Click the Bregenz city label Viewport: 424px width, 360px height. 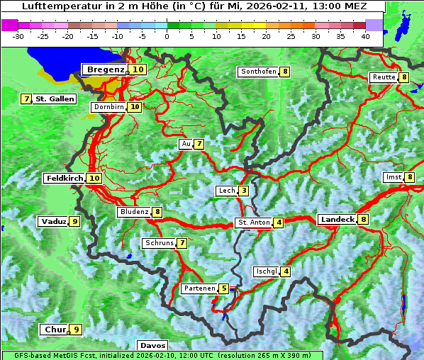tap(106, 69)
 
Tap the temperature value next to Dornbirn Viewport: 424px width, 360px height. tap(135, 107)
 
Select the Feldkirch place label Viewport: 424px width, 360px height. tap(64, 178)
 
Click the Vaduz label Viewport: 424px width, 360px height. tap(53, 221)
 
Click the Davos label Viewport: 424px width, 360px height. tap(152, 345)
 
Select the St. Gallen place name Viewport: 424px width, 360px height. tap(55, 99)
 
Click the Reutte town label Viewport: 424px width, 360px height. tap(384, 77)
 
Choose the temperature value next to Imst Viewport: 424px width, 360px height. tap(410, 177)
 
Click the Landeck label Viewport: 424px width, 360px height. tap(337, 220)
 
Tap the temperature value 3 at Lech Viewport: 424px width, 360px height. tap(243, 191)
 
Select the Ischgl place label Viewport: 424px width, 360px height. tap(266, 271)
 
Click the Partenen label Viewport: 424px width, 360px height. tap(199, 288)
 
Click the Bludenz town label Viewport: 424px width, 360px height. tap(134, 212)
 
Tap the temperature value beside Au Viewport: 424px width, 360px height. tap(200, 144)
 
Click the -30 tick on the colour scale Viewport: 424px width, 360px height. tap(18, 36)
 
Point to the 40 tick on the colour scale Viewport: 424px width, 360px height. tap(365, 36)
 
